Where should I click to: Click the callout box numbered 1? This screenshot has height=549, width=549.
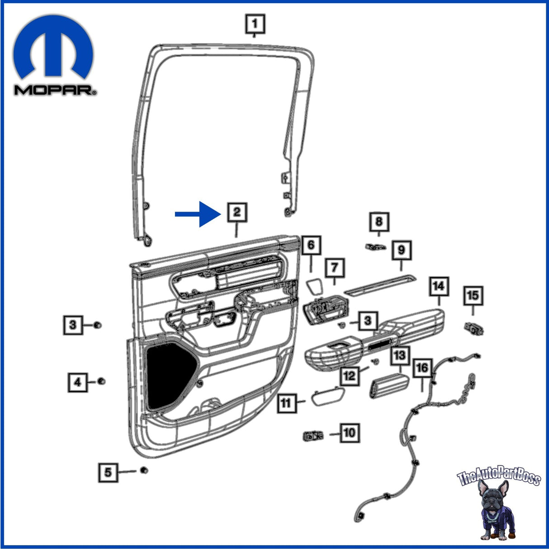(x=255, y=24)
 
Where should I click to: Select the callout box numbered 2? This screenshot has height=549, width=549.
(x=237, y=212)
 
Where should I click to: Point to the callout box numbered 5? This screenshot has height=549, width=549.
(x=108, y=473)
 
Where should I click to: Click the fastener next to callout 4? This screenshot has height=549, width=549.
(x=102, y=381)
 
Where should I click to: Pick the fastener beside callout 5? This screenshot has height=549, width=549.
(x=144, y=470)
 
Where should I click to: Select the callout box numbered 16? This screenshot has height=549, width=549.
(x=422, y=368)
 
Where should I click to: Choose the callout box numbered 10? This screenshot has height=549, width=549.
(x=350, y=433)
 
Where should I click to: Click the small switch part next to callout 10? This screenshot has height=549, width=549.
(x=313, y=436)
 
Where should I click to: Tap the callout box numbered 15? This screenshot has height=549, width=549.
(x=473, y=296)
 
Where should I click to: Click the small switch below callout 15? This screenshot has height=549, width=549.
(x=474, y=328)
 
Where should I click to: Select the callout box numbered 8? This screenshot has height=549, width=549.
(x=379, y=222)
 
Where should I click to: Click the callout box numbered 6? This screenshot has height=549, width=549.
(x=311, y=246)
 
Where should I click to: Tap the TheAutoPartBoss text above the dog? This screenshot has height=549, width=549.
(x=499, y=478)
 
